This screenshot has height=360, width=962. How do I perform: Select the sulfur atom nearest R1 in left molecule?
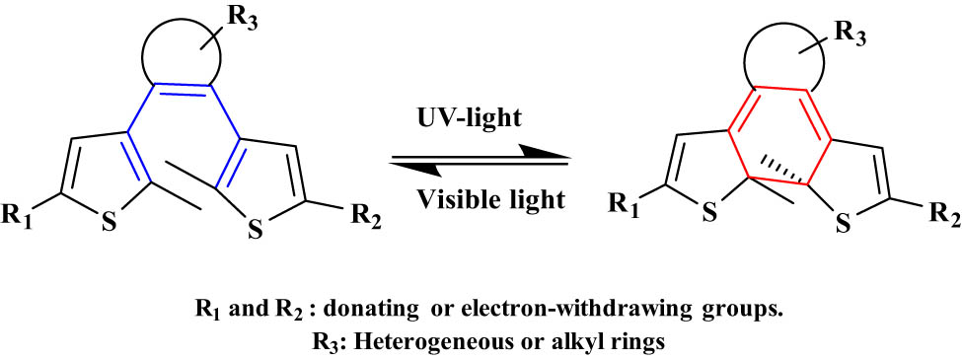pos(111,223)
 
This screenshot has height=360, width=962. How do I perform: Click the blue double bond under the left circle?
pos(180,95)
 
